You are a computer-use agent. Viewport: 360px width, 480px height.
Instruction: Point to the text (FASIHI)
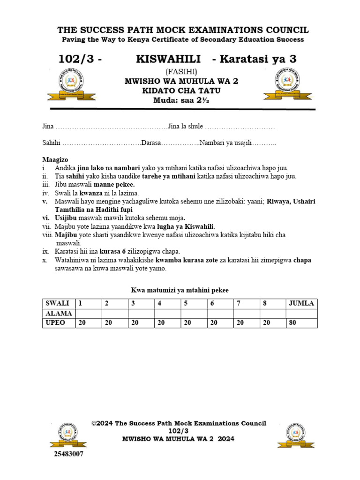click(181, 71)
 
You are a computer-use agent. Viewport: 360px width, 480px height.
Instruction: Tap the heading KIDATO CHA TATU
click(181, 90)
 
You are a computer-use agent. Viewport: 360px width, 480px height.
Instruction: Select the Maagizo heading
click(55, 160)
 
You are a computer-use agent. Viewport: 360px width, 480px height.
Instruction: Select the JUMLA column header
click(302, 303)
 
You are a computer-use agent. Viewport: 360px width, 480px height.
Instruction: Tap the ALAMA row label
click(57, 313)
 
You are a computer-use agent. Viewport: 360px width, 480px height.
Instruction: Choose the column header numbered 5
click(186, 303)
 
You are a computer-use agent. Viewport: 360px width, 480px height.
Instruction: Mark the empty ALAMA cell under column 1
click(89, 313)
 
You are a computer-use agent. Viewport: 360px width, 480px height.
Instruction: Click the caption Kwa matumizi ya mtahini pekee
click(180, 291)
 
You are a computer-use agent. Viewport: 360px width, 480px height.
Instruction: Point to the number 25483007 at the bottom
click(66, 454)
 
